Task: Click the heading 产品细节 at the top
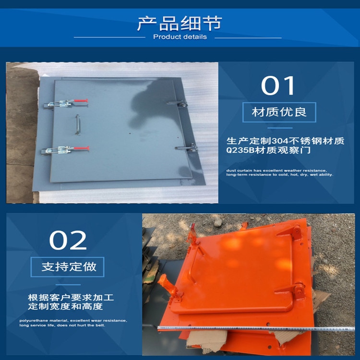point(180,24)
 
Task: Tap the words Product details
point(180,37)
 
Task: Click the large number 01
point(277,85)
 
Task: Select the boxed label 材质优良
point(279,112)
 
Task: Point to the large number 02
point(68,240)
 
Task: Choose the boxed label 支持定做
point(68,267)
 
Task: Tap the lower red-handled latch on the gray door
point(65,150)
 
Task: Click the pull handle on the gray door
point(78,124)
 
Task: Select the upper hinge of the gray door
point(178,104)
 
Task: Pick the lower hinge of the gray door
point(187,148)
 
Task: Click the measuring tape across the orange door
point(256,328)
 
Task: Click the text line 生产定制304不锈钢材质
point(286,141)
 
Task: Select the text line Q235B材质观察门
point(268,150)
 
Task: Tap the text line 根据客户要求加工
point(71,298)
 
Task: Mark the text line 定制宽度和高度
point(65,307)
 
